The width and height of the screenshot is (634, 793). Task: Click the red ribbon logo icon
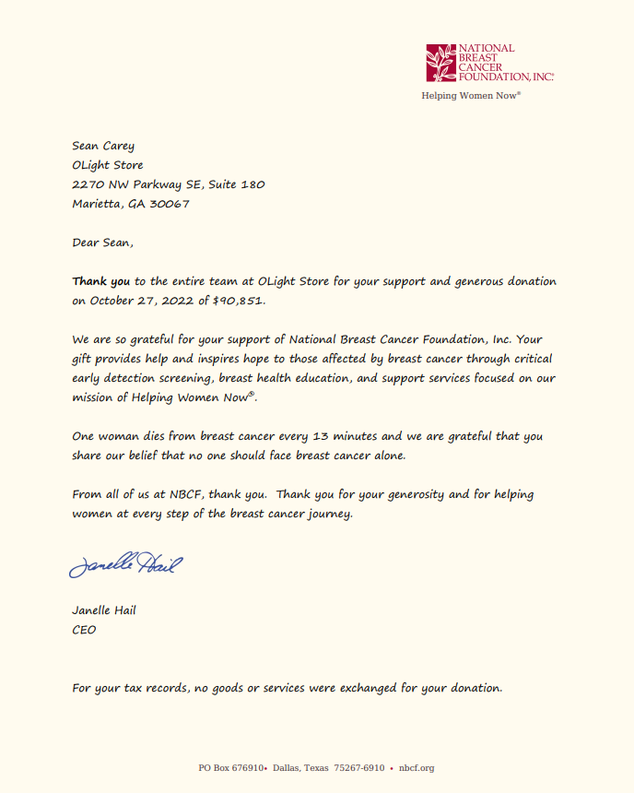click(x=440, y=63)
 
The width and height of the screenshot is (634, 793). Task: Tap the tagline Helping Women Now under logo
click(x=470, y=95)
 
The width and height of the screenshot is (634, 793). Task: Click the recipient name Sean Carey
click(x=103, y=146)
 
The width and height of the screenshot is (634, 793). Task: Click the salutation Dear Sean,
click(x=102, y=243)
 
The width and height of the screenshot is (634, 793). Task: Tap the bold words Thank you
click(x=101, y=281)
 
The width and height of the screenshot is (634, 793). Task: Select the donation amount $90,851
click(x=240, y=301)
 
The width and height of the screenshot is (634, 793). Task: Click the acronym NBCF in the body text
click(x=186, y=494)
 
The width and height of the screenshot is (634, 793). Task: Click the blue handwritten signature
click(x=125, y=563)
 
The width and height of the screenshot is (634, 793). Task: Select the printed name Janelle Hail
click(x=104, y=610)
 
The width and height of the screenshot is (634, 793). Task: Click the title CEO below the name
click(x=84, y=631)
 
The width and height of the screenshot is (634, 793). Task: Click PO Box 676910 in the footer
click(x=231, y=768)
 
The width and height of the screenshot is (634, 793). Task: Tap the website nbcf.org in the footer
click(x=417, y=768)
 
